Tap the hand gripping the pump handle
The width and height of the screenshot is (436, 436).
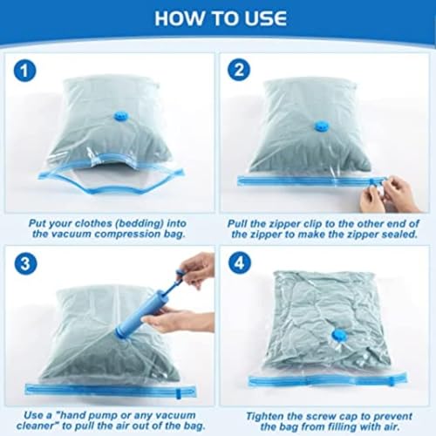click(x=197, y=266)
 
